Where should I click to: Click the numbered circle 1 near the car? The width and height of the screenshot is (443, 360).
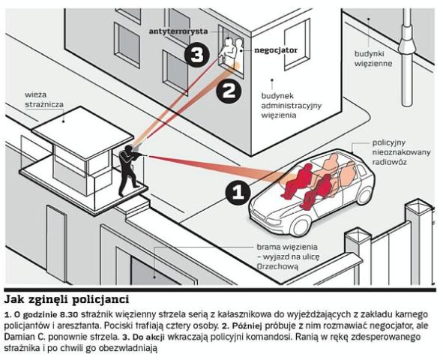point(238,193)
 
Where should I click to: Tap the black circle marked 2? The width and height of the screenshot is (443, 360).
point(229,91)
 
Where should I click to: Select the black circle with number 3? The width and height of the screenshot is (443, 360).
point(197,54)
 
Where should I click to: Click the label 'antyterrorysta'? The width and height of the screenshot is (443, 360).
point(178,31)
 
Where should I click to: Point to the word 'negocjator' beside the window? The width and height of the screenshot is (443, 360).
point(276,50)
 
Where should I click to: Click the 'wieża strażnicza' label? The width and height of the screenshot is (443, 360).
point(44,100)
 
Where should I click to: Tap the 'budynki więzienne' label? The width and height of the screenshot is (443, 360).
point(373,58)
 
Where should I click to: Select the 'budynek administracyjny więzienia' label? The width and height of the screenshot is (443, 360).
point(292,106)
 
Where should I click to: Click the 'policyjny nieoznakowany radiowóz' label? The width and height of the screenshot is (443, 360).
point(401,152)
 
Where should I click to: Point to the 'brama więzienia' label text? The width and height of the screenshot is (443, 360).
point(287,247)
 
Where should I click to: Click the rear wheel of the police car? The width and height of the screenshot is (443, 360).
point(365,195)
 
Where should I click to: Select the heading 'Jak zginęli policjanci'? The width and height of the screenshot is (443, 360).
point(67,299)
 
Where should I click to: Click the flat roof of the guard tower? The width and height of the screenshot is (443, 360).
point(82,132)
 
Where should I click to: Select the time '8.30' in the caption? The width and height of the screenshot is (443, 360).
point(71,314)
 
